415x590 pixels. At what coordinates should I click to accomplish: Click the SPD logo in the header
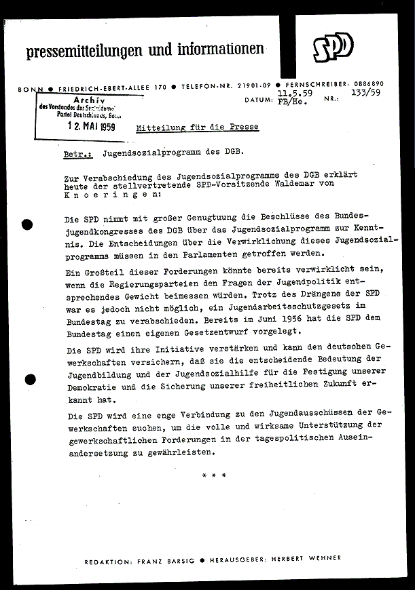tap(333, 47)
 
